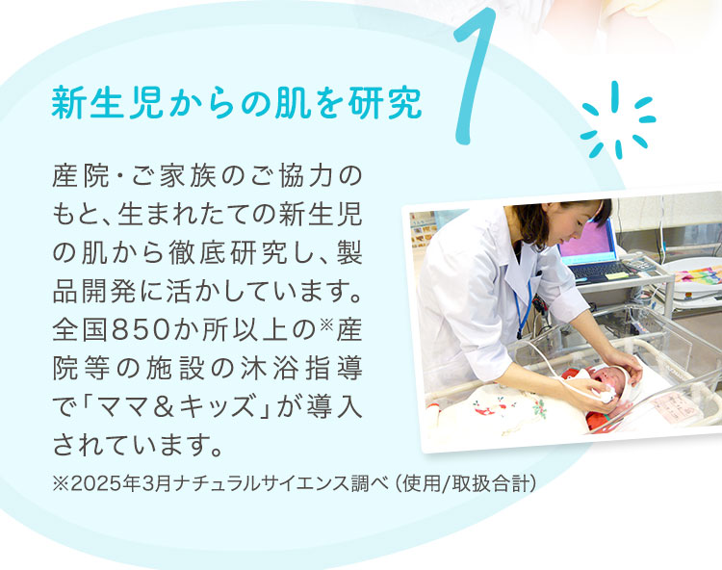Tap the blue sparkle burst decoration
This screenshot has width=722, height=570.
coord(617,121)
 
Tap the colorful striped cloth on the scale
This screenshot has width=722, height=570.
coord(696,274)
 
